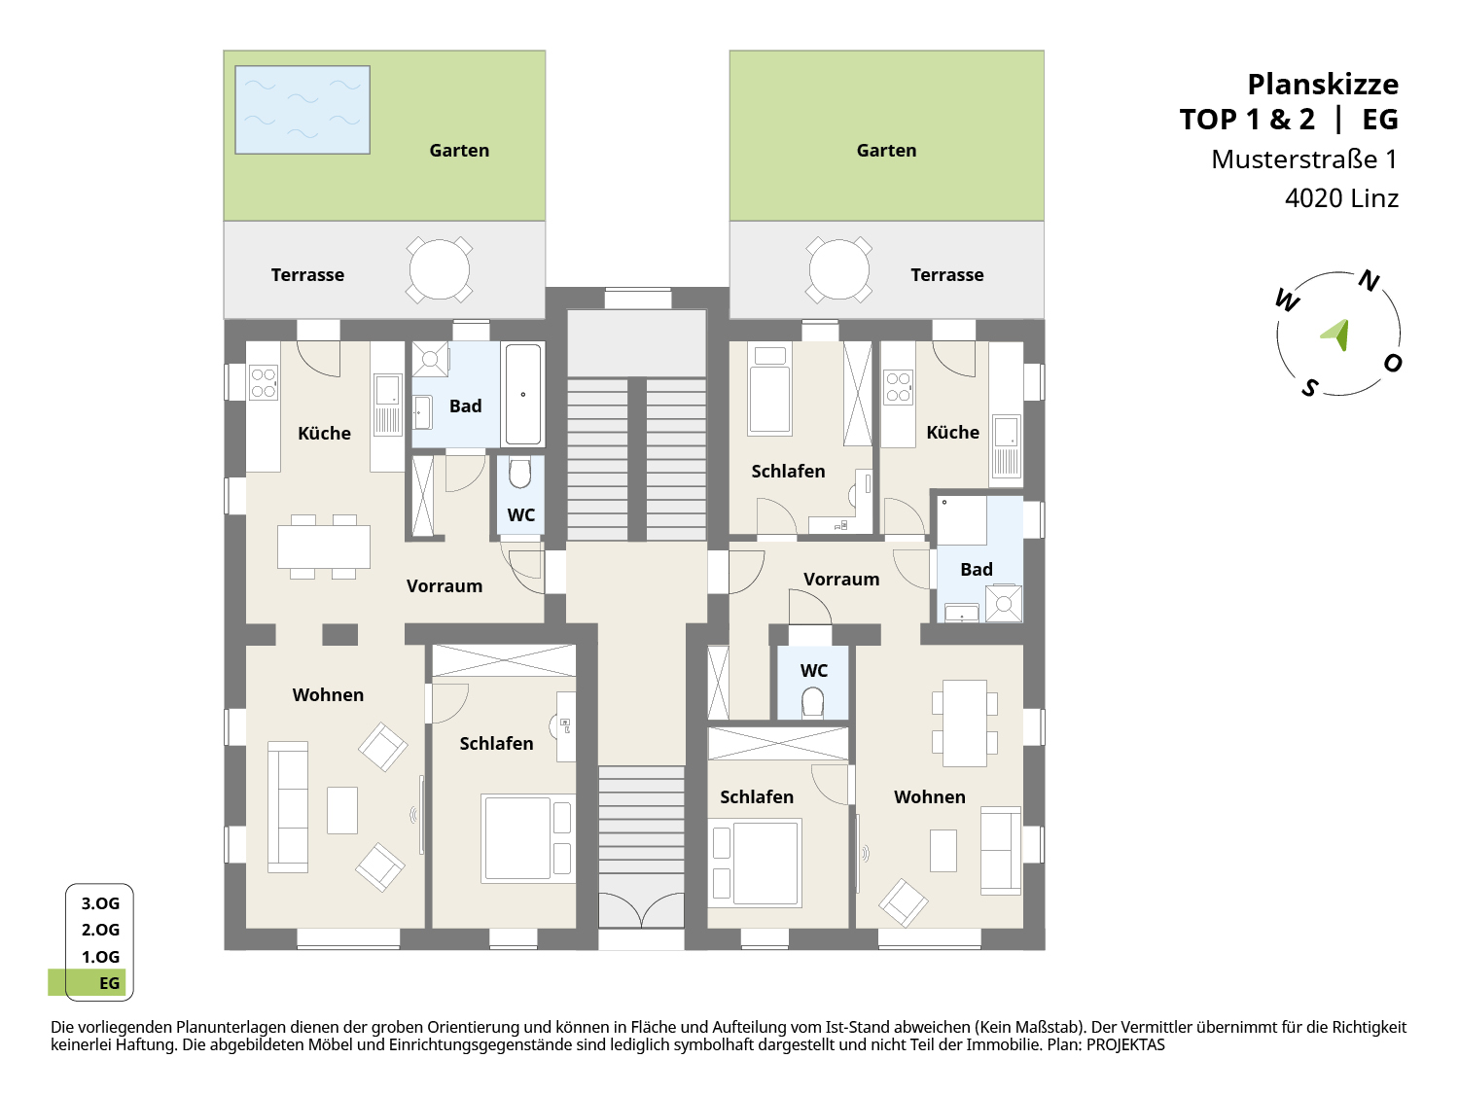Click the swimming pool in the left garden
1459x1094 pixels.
coord(302,110)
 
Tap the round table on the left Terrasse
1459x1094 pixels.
coord(440,269)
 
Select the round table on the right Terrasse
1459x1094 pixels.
coord(838,269)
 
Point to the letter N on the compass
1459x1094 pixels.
coord(1369,281)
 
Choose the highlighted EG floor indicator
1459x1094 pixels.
coord(88,982)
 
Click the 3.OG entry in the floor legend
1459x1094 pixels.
coord(100,903)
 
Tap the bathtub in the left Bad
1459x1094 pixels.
coord(523,394)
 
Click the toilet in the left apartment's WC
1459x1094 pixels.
coord(519,473)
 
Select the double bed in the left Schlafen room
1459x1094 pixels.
coord(528,838)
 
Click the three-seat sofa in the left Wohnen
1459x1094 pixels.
coord(288,806)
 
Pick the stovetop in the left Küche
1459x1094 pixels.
coord(264,383)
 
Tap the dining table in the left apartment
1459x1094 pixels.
coord(324,547)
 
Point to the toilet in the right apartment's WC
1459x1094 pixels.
coord(813,702)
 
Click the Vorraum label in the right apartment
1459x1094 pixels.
coord(840,580)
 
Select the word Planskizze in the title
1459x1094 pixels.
coord(1323,85)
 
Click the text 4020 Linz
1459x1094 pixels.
coord(1341,198)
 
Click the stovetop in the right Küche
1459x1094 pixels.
coord(898,387)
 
